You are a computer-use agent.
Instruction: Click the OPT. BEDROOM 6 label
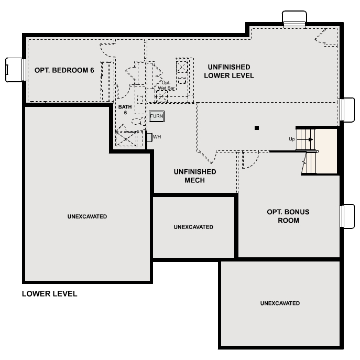(x=64, y=70)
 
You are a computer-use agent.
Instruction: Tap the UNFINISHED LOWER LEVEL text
(x=228, y=71)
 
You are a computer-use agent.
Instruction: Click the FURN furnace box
(x=157, y=116)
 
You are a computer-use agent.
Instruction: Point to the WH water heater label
(x=156, y=137)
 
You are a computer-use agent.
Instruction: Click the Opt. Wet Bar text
(x=166, y=85)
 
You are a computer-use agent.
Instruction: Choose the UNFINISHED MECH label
(x=194, y=176)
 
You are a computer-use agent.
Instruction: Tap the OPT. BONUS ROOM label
(x=288, y=216)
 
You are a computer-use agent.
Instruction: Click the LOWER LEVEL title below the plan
(x=49, y=294)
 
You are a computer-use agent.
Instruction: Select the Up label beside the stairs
(x=292, y=139)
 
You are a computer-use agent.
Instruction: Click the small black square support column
(x=257, y=127)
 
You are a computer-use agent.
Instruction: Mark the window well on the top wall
(x=294, y=17)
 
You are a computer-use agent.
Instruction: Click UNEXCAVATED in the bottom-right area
(x=280, y=303)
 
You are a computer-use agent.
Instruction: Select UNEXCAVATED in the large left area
(x=87, y=216)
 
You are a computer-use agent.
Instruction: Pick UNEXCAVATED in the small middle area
(x=193, y=227)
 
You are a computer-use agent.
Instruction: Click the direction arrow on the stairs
(x=310, y=139)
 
